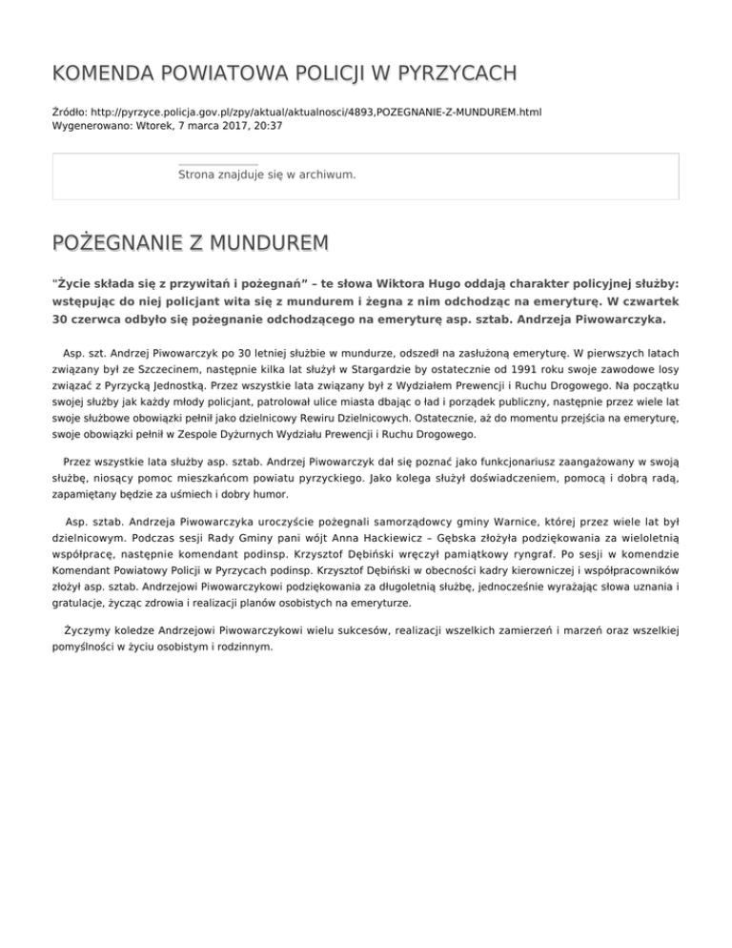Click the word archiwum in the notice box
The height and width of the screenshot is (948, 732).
click(327, 175)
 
